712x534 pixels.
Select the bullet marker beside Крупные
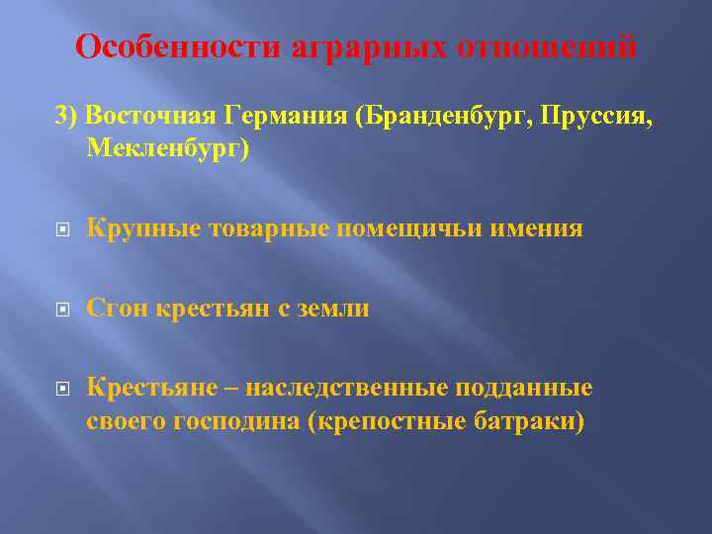tap(61, 230)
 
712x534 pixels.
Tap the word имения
tap(536, 229)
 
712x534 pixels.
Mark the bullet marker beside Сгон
tap(61, 310)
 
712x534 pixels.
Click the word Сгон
tap(115, 309)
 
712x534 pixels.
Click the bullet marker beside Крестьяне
tap(61, 389)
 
